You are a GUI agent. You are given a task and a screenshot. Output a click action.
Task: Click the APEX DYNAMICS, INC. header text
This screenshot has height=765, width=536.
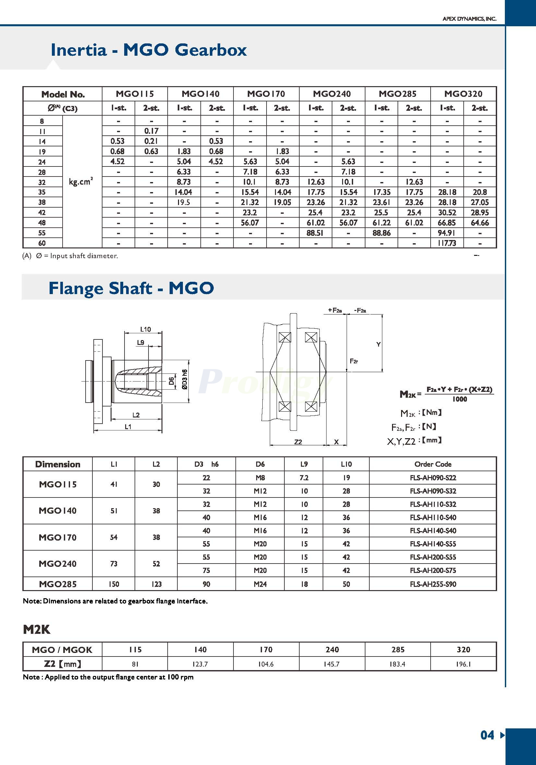pyautogui.click(x=469, y=19)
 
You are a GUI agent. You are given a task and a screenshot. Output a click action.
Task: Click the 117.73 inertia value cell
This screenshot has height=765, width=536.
pyautogui.click(x=447, y=243)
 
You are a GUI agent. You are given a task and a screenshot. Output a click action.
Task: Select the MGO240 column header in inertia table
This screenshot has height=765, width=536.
pyautogui.click(x=332, y=94)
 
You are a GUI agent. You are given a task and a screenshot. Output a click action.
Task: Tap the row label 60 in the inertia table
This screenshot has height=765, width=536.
pyautogui.click(x=42, y=243)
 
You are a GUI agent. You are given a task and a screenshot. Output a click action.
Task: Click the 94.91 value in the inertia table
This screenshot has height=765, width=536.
pyautogui.click(x=447, y=233)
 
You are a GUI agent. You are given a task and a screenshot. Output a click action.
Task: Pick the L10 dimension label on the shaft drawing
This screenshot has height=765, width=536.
pyautogui.click(x=145, y=329)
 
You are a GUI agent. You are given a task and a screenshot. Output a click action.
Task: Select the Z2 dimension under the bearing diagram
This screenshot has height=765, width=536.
pyautogui.click(x=298, y=442)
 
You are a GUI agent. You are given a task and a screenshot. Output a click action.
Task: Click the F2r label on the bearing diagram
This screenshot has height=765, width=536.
pyautogui.click(x=354, y=361)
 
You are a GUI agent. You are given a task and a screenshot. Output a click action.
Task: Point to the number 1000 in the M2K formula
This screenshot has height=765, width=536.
pyautogui.click(x=459, y=399)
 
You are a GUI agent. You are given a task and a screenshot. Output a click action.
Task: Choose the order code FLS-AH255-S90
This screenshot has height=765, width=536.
pyautogui.click(x=433, y=584)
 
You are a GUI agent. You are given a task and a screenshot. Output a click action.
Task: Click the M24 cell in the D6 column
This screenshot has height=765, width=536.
pyautogui.click(x=260, y=584)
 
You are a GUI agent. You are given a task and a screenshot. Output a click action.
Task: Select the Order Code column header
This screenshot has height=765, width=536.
pyautogui.click(x=433, y=464)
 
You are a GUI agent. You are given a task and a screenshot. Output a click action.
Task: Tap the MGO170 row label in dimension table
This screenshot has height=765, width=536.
pyautogui.click(x=57, y=537)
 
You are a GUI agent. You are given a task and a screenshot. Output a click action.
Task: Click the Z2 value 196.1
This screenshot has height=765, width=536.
pyautogui.click(x=463, y=664)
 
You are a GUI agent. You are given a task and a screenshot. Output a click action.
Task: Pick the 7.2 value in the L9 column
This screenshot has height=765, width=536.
pyautogui.click(x=304, y=478)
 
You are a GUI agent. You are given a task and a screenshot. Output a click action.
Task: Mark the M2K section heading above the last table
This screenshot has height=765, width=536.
pyautogui.click(x=37, y=630)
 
